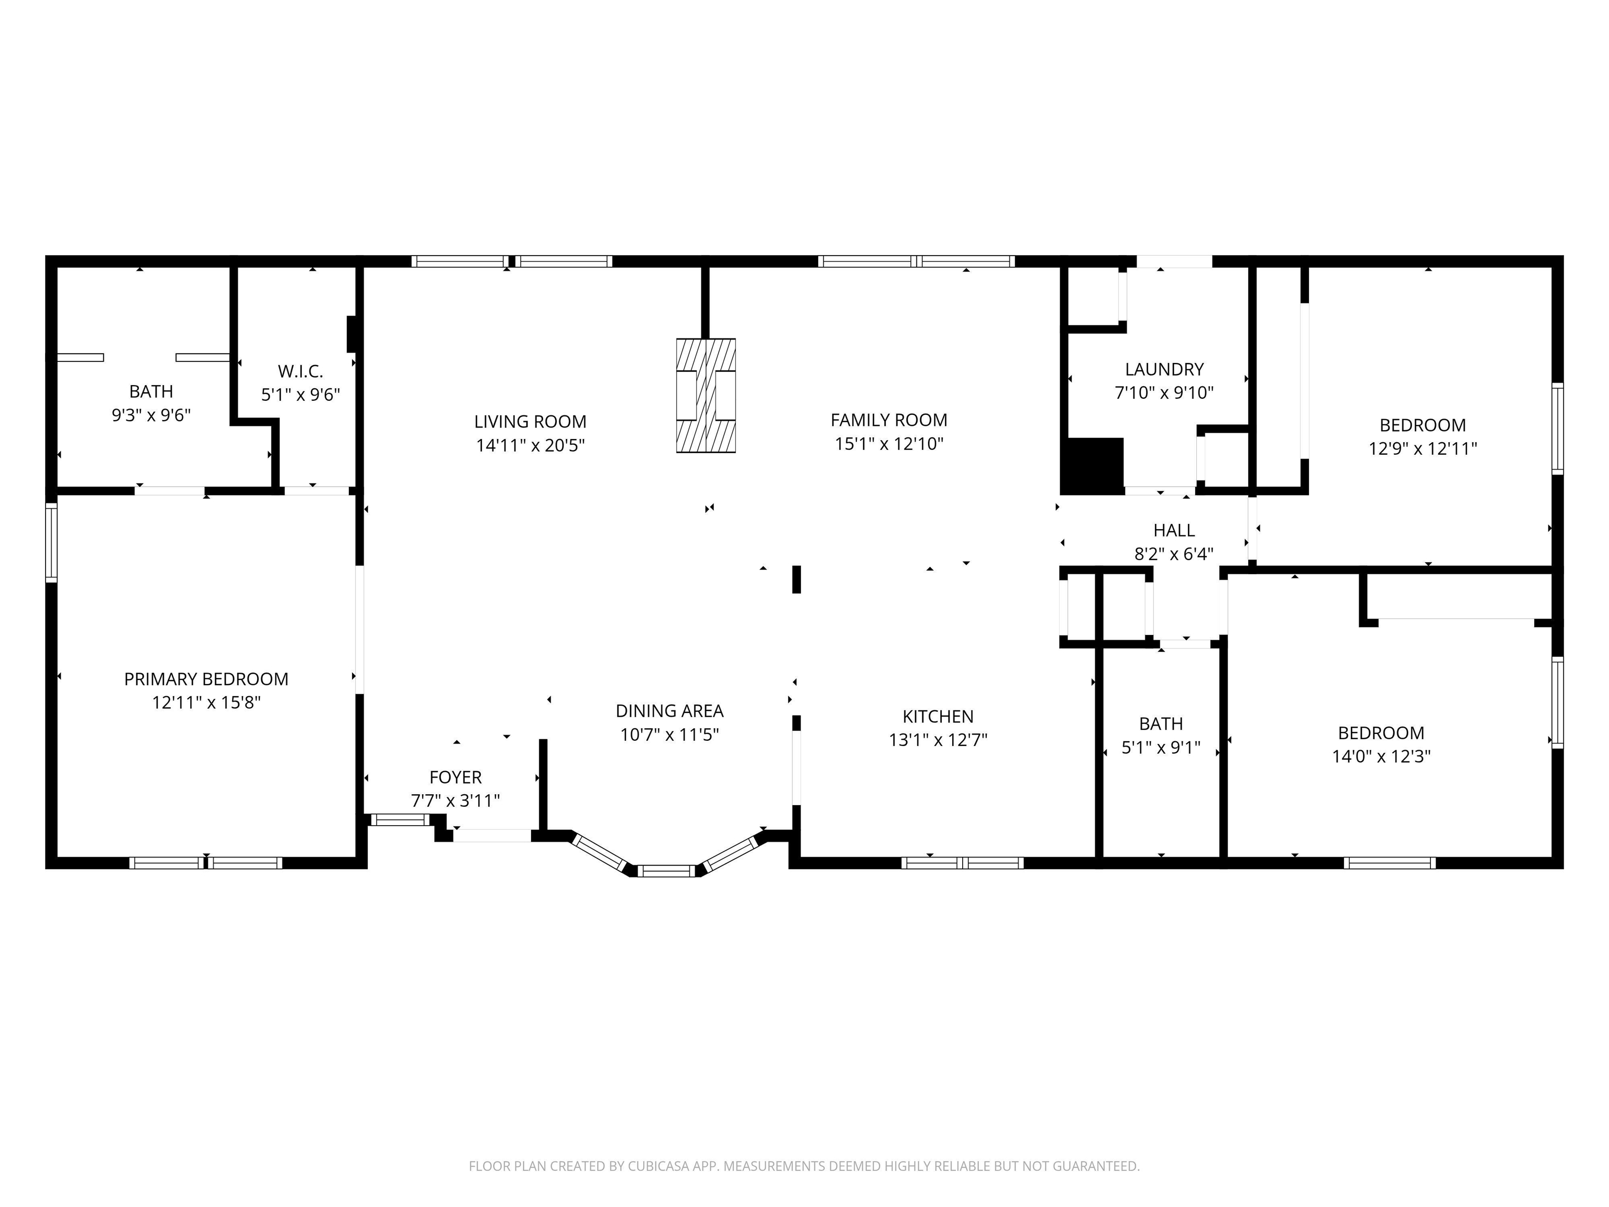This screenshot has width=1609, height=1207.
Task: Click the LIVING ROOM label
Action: pyautogui.click(x=530, y=422)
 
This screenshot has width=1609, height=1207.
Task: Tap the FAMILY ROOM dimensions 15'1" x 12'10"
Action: pyautogui.click(x=889, y=444)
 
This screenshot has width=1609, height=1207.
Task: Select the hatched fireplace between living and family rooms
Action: pyautogui.click(x=706, y=396)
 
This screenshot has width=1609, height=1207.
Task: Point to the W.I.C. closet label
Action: pyautogui.click(x=301, y=372)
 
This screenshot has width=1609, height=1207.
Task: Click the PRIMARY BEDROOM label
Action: pyautogui.click(x=206, y=679)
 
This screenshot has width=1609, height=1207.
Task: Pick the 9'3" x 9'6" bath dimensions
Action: pyautogui.click(x=151, y=415)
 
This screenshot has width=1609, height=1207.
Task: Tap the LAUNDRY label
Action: pyautogui.click(x=1164, y=370)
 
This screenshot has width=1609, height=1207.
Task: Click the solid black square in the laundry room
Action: pyautogui.click(x=1093, y=466)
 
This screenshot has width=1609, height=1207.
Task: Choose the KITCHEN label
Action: pyautogui.click(x=939, y=717)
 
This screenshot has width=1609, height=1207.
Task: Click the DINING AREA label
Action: pyautogui.click(x=670, y=711)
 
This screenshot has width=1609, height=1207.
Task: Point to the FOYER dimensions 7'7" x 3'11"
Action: pyautogui.click(x=455, y=801)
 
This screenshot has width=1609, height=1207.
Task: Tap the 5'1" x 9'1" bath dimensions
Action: pyautogui.click(x=1161, y=748)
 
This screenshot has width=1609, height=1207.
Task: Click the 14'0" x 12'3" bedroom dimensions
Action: pyautogui.click(x=1381, y=756)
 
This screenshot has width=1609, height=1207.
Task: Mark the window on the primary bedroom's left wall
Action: pyautogui.click(x=51, y=543)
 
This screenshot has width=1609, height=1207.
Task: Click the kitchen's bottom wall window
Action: pyautogui.click(x=962, y=863)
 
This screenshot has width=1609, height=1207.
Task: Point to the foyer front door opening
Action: pyautogui.click(x=492, y=836)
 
